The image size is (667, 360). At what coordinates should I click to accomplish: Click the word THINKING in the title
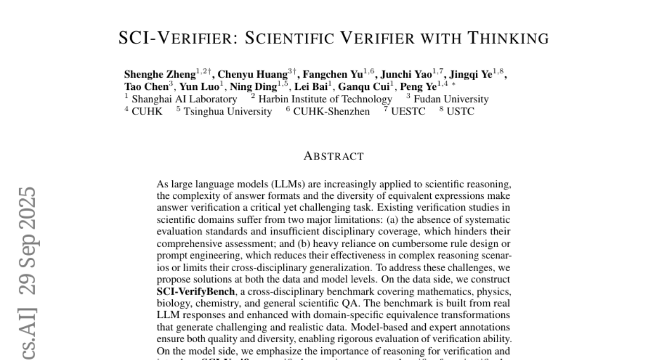[x=508, y=38]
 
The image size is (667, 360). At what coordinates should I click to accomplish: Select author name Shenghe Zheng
[x=160, y=75]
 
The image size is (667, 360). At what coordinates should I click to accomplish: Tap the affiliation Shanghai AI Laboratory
[x=184, y=99]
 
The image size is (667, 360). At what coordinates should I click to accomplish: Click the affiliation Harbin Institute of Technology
[x=325, y=99]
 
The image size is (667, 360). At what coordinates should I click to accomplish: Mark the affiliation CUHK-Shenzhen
[x=331, y=111]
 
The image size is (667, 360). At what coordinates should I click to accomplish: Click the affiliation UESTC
[x=408, y=111]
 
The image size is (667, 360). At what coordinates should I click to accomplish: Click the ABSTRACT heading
[x=333, y=156]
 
